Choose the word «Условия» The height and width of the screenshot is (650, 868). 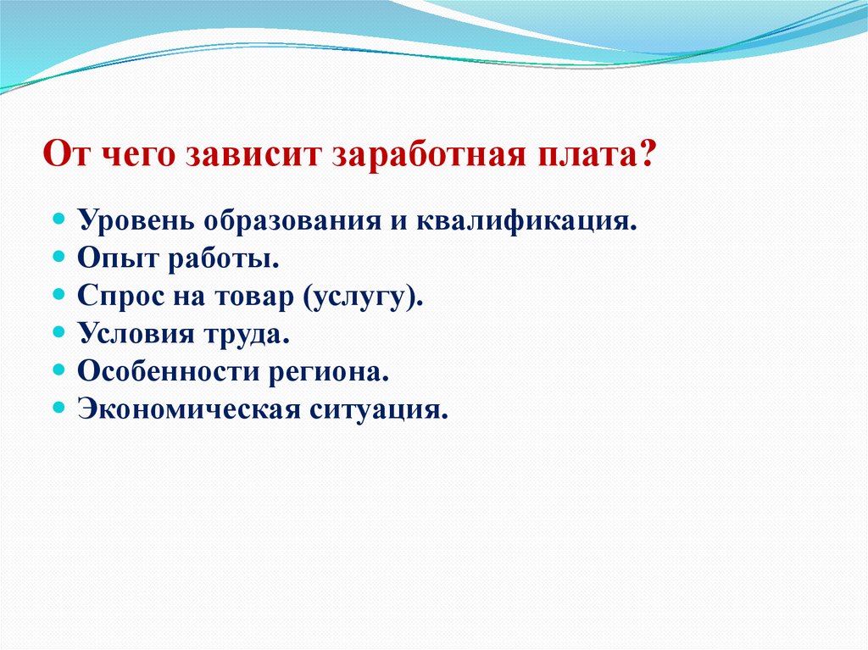pyautogui.click(x=127, y=334)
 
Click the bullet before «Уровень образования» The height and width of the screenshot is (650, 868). pyautogui.click(x=59, y=219)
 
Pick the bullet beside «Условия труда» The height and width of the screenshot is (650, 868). pyautogui.click(x=59, y=332)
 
